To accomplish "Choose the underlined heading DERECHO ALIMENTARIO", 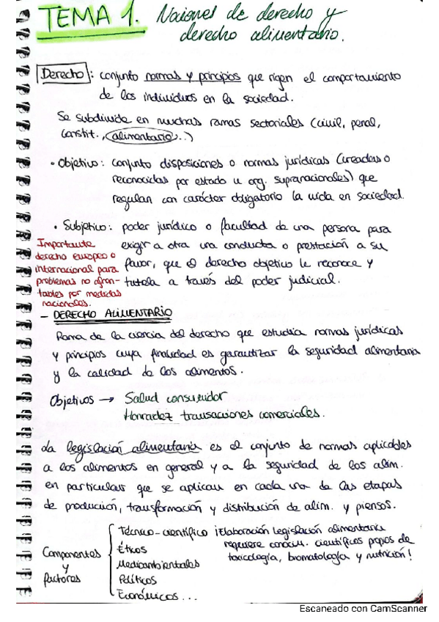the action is pyautogui.click(x=112, y=313).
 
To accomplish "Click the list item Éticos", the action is pyautogui.click(x=132, y=549).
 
